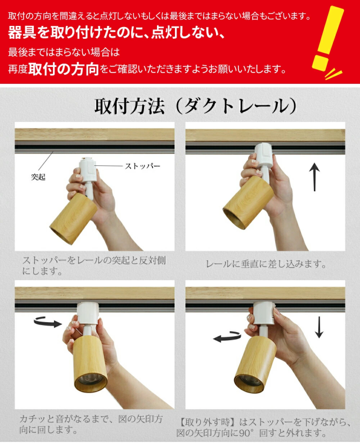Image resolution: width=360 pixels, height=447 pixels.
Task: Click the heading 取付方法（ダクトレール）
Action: (x=195, y=106)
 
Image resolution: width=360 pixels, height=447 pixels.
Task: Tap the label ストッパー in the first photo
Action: (x=143, y=166)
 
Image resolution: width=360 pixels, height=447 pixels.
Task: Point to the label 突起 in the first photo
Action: (x=38, y=177)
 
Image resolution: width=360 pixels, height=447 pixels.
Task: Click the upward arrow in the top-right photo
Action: (x=314, y=177)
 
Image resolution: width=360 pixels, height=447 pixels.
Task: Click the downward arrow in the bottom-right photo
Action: (x=319, y=327)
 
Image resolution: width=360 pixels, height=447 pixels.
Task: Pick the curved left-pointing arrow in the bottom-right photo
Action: (x=227, y=337)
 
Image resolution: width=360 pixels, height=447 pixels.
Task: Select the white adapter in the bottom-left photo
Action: (x=88, y=314)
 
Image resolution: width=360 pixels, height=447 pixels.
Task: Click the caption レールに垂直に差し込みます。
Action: (x=266, y=264)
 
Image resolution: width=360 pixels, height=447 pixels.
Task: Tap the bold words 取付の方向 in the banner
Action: (x=64, y=69)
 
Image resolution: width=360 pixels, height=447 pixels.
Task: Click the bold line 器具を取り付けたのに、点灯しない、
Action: (x=117, y=33)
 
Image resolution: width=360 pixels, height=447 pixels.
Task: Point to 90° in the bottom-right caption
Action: (x=246, y=433)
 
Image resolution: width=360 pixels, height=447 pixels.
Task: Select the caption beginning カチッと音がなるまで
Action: (x=91, y=424)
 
